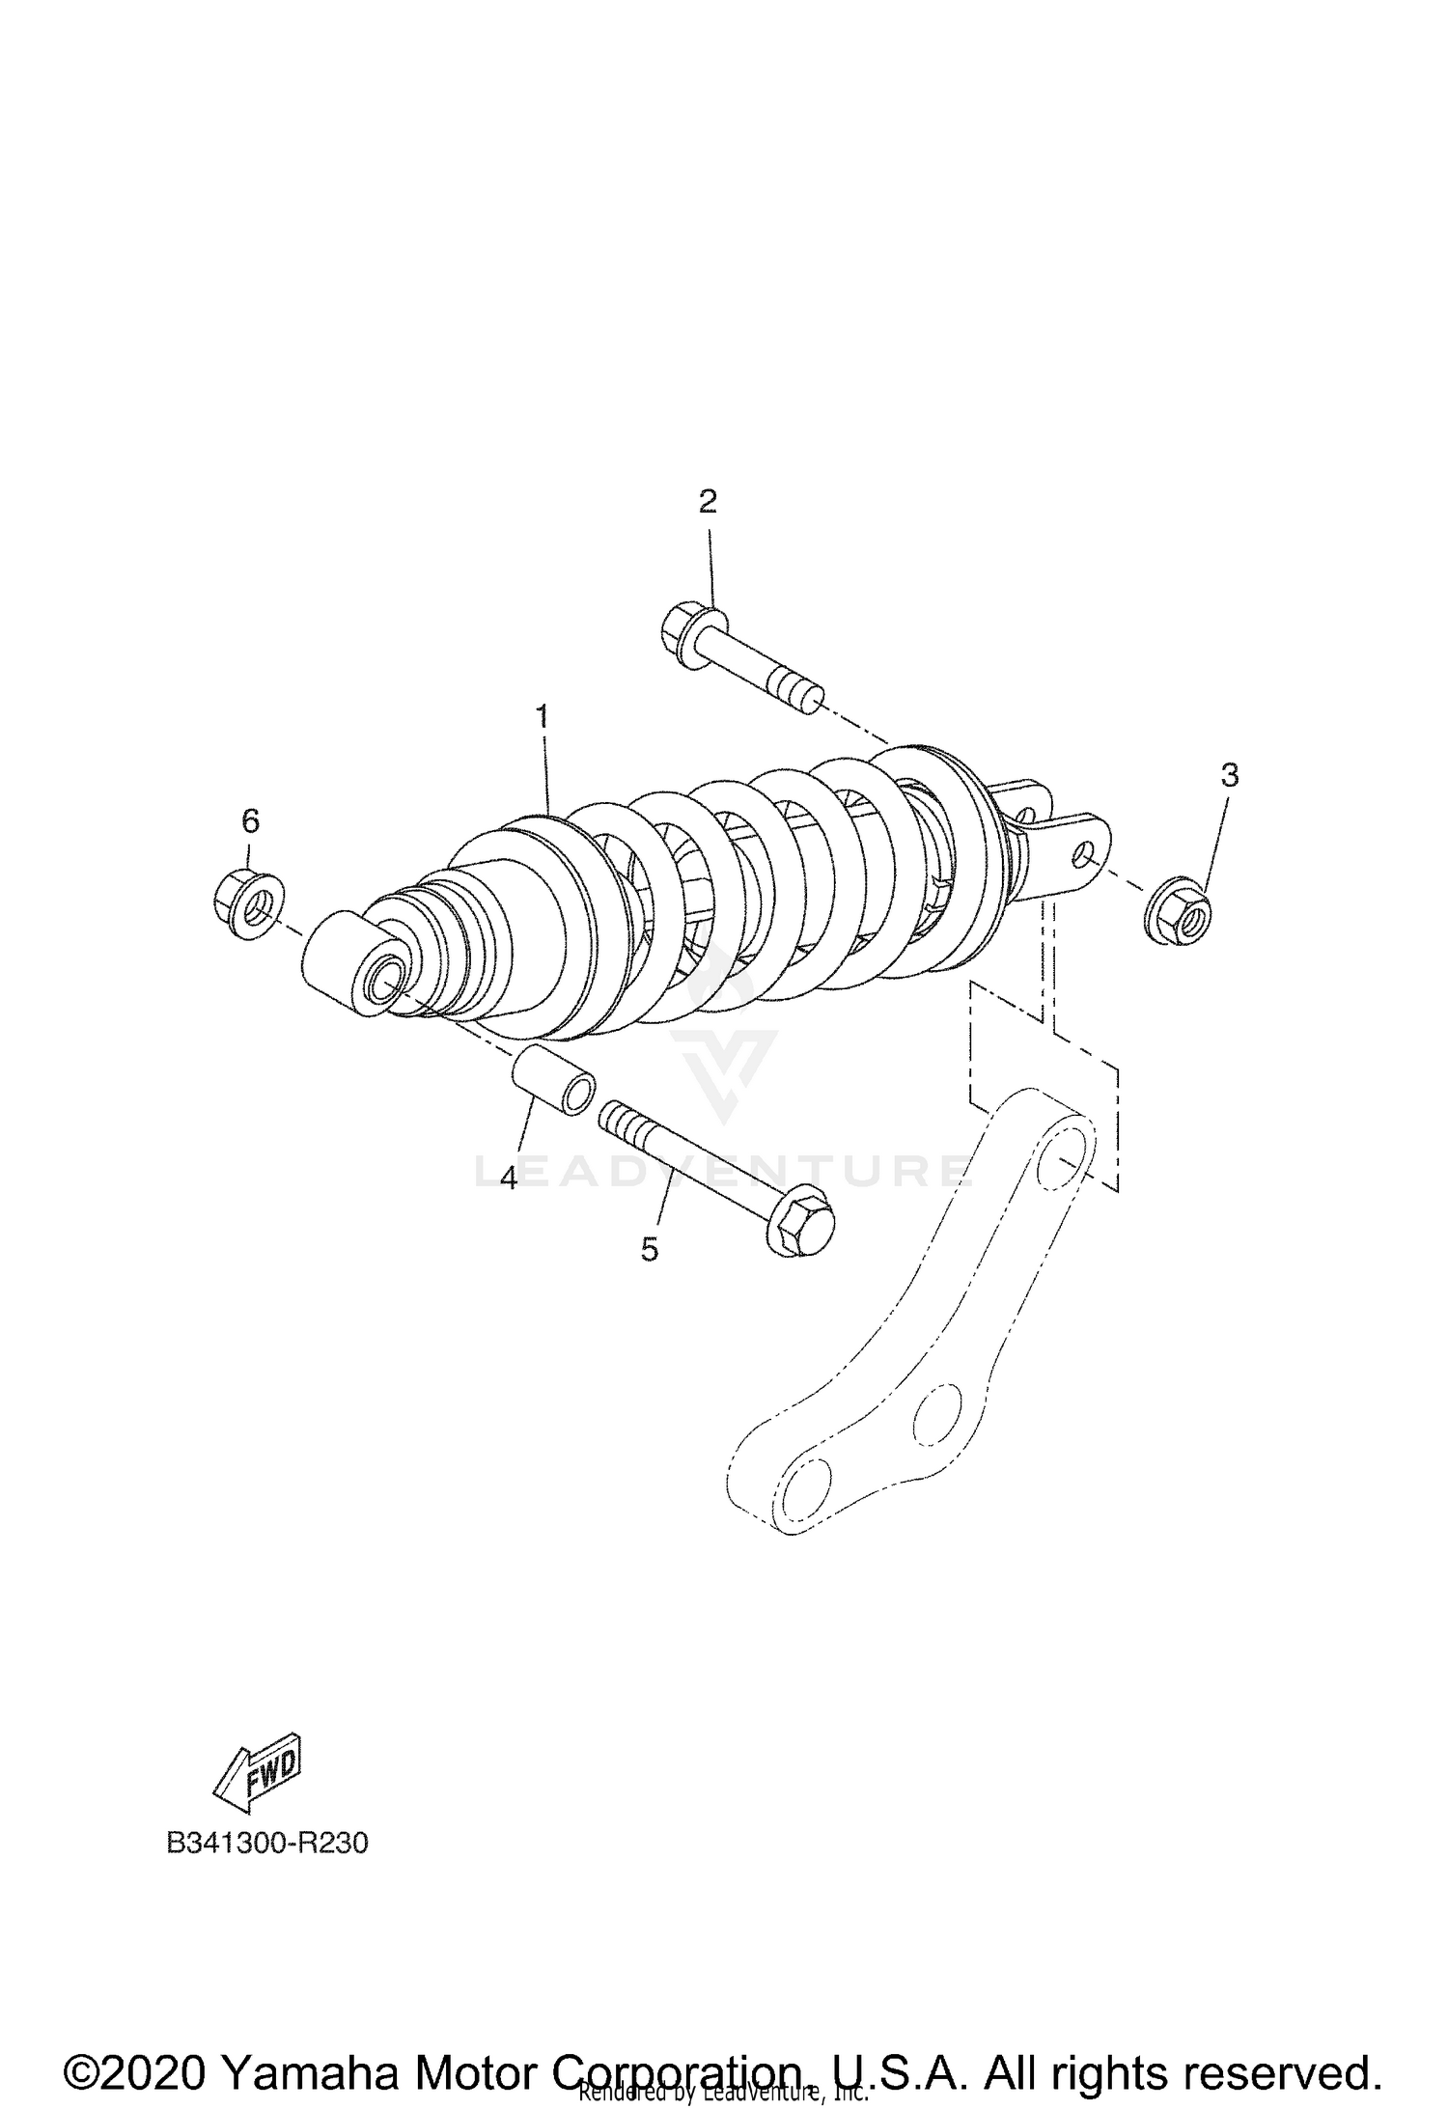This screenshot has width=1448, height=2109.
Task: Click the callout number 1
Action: click(x=543, y=716)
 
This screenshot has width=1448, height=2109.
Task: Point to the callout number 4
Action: click(x=509, y=1179)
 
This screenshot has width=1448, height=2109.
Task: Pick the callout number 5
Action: click(x=650, y=1250)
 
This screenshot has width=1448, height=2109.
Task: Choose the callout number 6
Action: click(x=250, y=821)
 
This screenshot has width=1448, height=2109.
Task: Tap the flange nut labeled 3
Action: click(x=1179, y=911)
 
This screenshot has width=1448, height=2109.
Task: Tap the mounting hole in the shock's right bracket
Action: click(x=1084, y=856)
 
